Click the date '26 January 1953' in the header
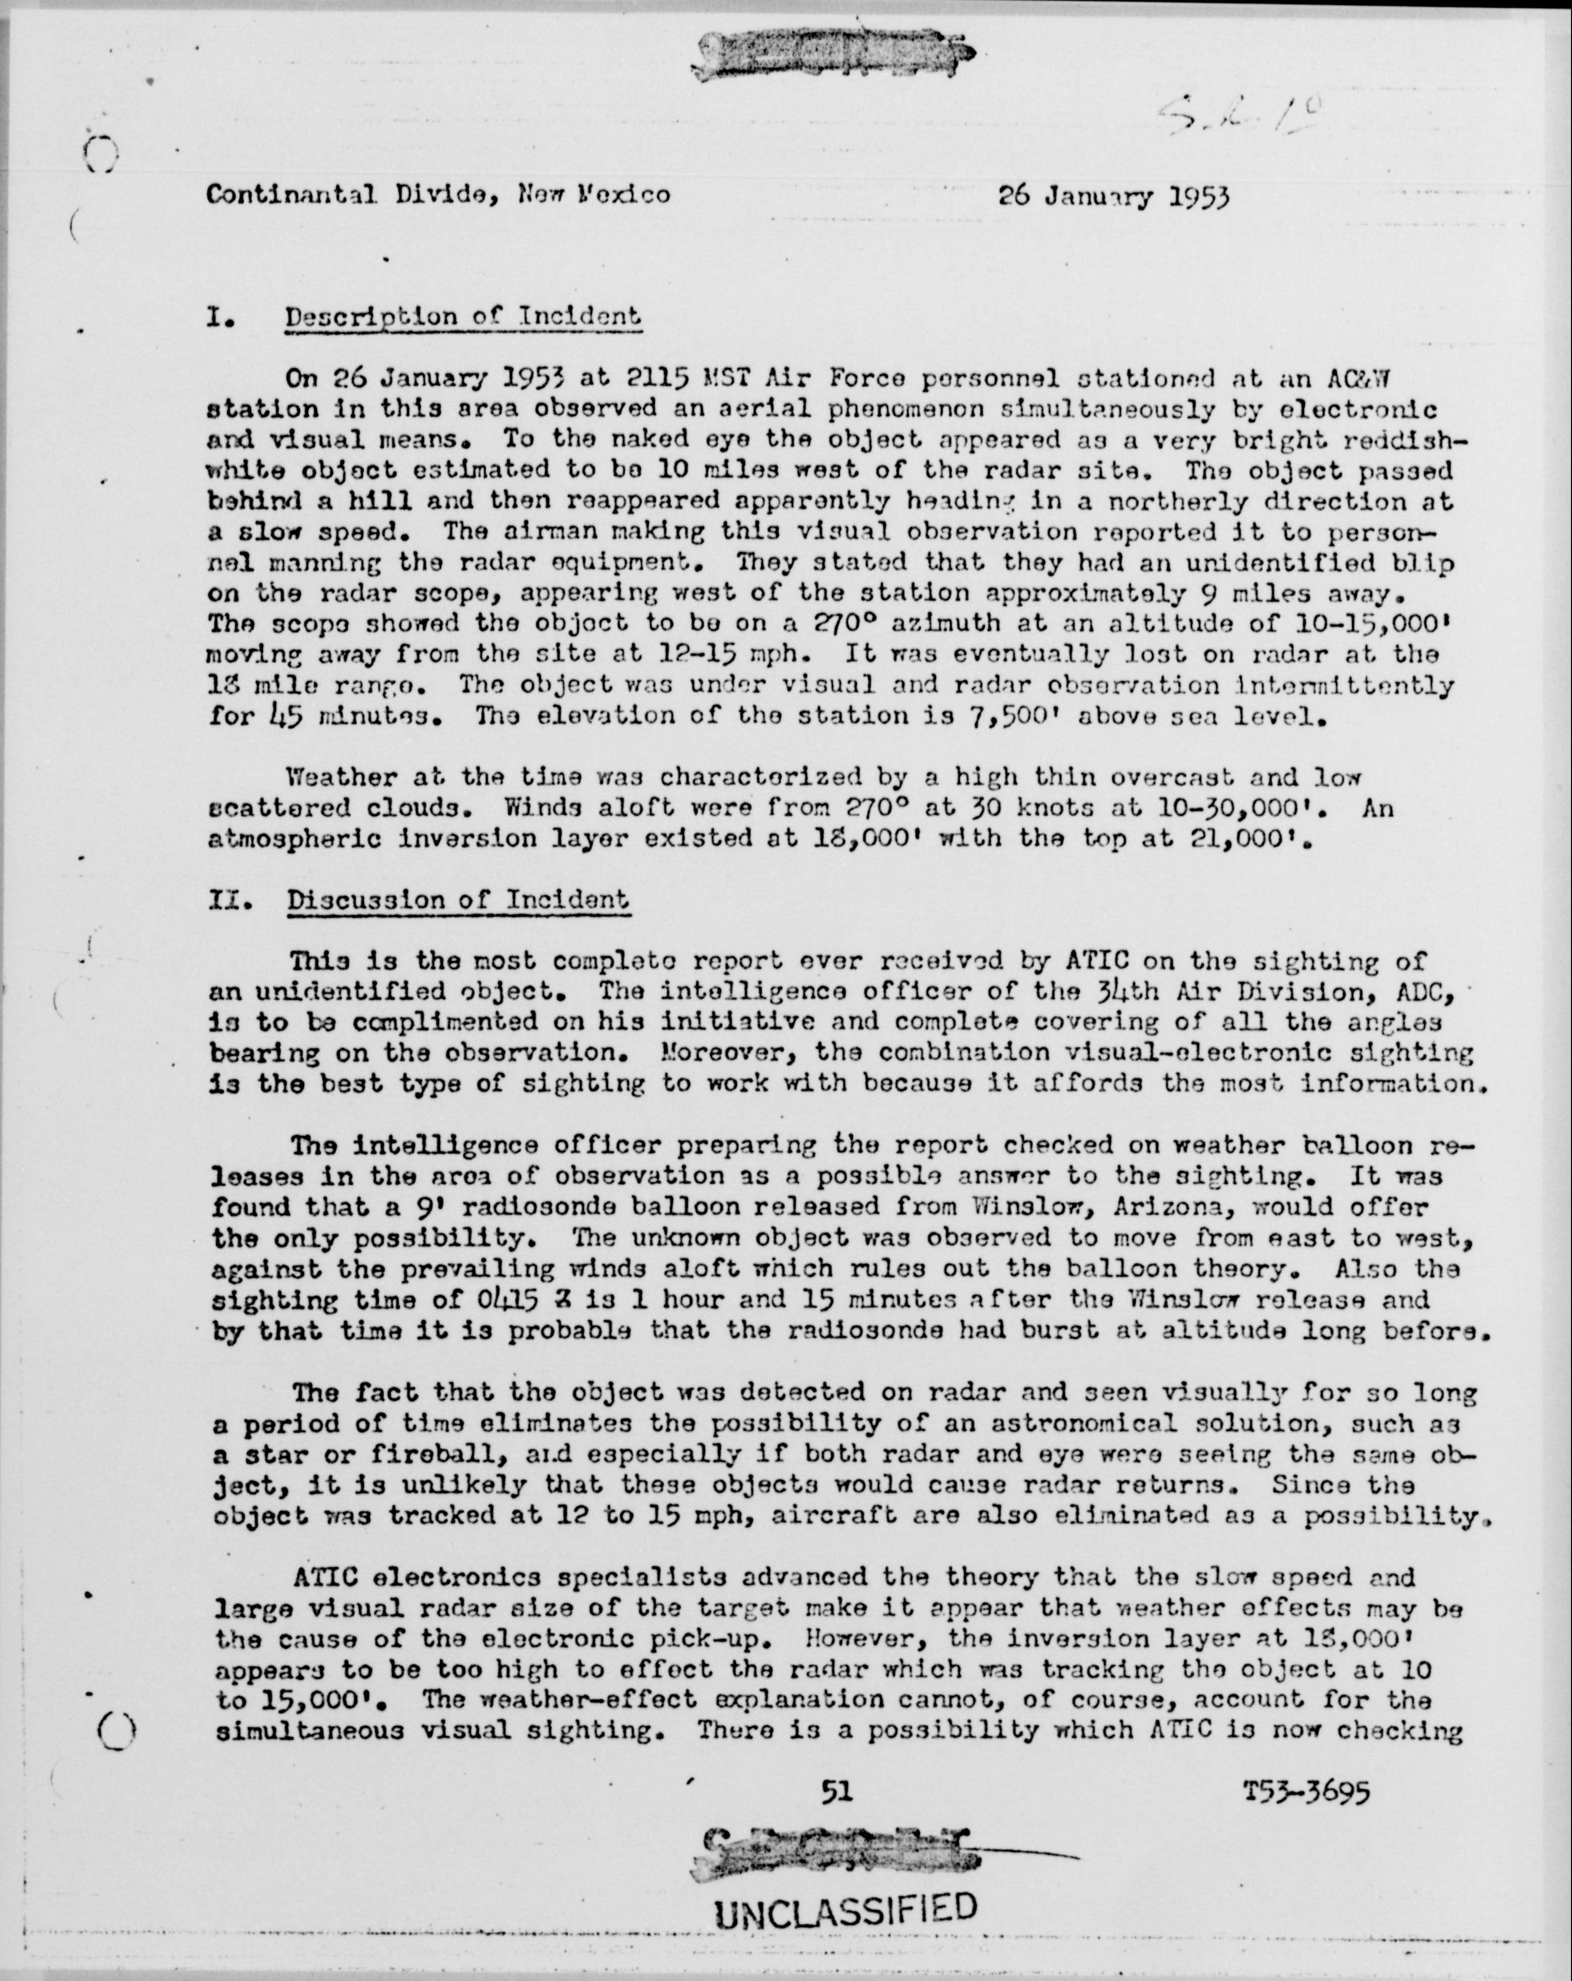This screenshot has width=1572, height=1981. [1113, 195]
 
